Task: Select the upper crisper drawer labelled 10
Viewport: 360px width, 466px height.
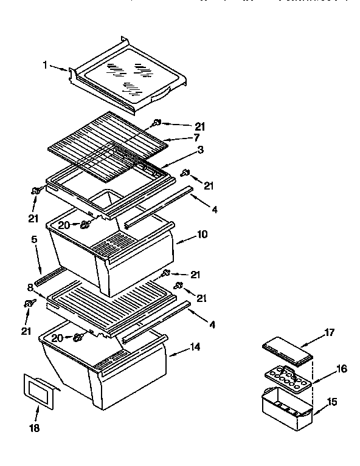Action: [x=109, y=255]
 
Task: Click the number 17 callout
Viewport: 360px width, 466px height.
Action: [x=329, y=333]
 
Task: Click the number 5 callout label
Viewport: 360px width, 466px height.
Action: [x=35, y=240]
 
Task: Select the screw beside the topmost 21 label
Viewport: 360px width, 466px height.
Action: [x=157, y=123]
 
